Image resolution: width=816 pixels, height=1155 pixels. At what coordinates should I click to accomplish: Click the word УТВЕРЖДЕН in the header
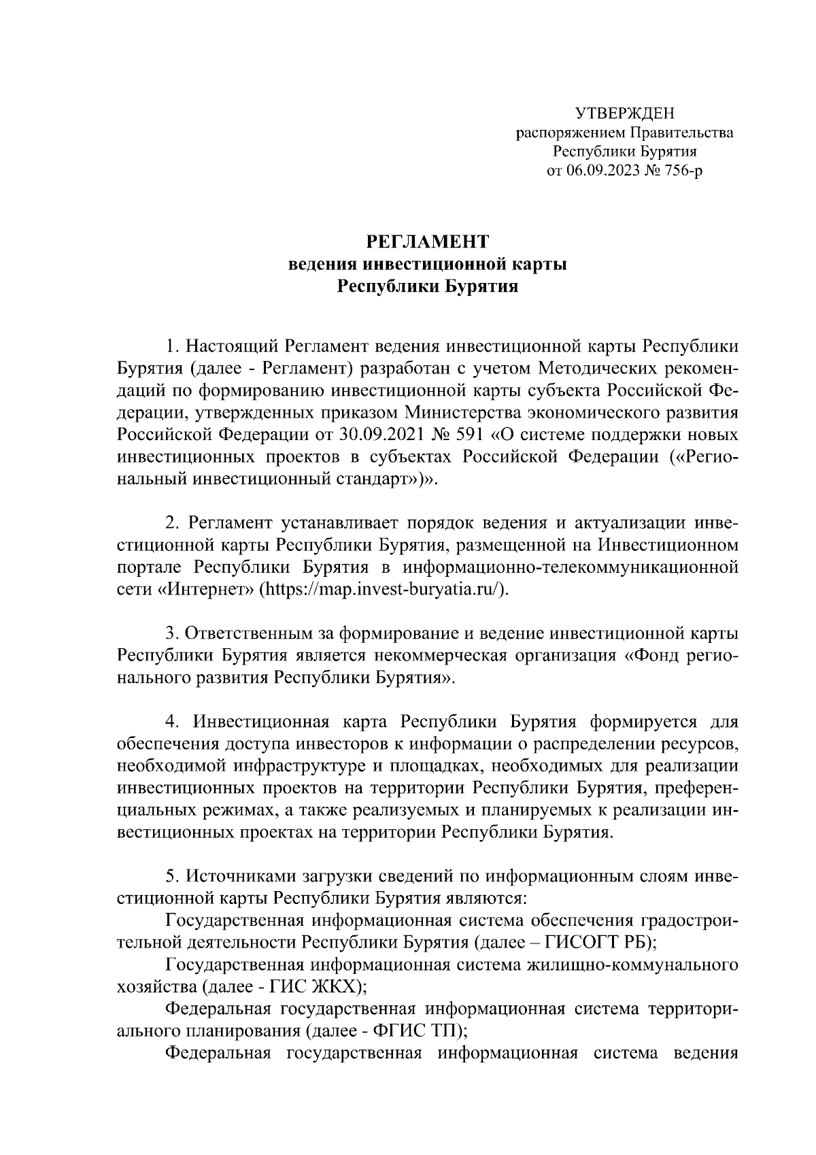coord(624,113)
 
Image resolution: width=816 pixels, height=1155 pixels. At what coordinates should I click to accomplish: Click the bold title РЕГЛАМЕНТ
coord(428,241)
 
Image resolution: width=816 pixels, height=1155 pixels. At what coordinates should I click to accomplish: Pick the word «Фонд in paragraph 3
coord(656,656)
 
